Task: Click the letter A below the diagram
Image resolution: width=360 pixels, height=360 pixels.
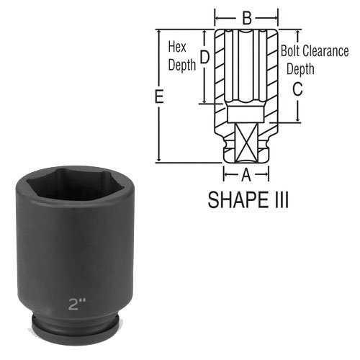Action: pyautogui.click(x=246, y=174)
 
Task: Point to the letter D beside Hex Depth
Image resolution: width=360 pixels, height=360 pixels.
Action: pyautogui.click(x=204, y=56)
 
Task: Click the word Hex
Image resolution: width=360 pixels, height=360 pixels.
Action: pyautogui.click(x=176, y=48)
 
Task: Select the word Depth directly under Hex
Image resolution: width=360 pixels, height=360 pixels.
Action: pyautogui.click(x=181, y=64)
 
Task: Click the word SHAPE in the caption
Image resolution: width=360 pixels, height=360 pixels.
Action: pyautogui.click(x=235, y=199)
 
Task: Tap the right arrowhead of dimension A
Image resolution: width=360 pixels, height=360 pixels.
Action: pyautogui.click(x=266, y=174)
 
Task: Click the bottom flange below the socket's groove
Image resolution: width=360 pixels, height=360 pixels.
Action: pyautogui.click(x=71, y=341)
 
